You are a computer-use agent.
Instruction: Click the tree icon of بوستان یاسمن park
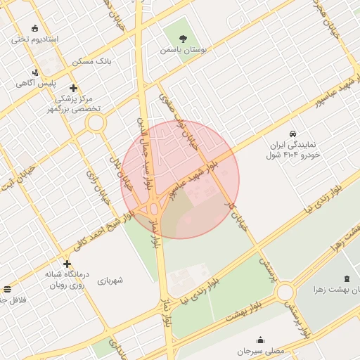(183, 38)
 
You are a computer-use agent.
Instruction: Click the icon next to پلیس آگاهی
(36, 72)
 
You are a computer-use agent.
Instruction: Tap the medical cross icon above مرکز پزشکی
(74, 88)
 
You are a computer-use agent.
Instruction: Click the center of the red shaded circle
(181, 179)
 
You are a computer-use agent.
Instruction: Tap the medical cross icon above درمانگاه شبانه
(67, 264)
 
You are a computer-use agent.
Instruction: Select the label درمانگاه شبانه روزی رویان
(66, 281)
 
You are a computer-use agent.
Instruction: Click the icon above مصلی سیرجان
(261, 339)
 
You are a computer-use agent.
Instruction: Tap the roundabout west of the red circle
(96, 123)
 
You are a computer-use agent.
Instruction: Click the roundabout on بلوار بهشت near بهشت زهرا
(285, 292)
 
